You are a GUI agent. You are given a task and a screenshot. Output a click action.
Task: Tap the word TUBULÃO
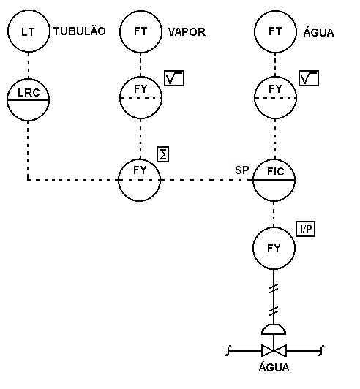point(80,31)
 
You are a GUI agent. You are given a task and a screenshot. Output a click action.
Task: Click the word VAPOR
point(187,32)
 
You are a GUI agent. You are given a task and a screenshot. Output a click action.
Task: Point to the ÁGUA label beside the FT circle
point(318,31)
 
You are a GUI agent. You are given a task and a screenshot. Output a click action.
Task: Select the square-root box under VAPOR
point(174,78)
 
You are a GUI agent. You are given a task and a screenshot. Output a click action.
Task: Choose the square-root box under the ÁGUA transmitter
point(309,78)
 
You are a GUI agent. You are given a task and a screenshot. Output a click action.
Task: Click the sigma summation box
point(163,154)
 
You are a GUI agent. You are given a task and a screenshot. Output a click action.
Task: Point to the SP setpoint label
point(241,170)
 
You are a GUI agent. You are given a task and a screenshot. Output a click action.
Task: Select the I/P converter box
point(306,229)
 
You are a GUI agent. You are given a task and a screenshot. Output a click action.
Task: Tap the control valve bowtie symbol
point(274,350)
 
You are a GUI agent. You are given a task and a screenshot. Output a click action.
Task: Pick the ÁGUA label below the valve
point(274,367)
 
